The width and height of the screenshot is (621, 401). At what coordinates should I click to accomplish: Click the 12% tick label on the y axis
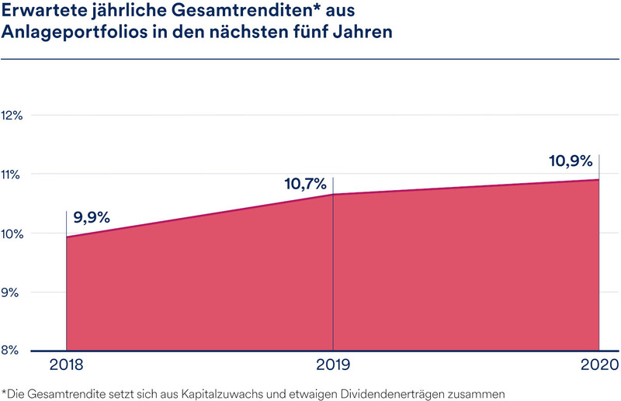pos(12,116)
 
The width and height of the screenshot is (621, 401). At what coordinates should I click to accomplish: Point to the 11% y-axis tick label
pos(11,175)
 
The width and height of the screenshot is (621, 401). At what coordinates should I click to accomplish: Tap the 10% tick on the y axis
pos(12,234)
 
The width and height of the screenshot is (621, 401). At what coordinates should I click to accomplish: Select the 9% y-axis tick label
pos(10,292)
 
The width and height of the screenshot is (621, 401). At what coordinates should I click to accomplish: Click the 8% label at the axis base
pos(10,350)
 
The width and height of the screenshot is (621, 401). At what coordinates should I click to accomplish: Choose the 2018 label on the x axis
pos(66,365)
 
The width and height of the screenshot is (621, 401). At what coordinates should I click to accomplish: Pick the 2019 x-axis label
pos(333,365)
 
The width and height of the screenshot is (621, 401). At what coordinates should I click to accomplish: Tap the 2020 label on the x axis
pos(599,365)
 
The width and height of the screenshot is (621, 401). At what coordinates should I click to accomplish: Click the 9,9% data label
pos(92,217)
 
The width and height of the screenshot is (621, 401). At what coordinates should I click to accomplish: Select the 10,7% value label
pos(305,184)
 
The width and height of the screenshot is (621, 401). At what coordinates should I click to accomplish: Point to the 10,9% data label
pos(571,161)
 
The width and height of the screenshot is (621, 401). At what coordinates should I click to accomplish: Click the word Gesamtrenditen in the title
pos(241,11)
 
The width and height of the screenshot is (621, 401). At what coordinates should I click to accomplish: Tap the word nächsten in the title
pos(248,32)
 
